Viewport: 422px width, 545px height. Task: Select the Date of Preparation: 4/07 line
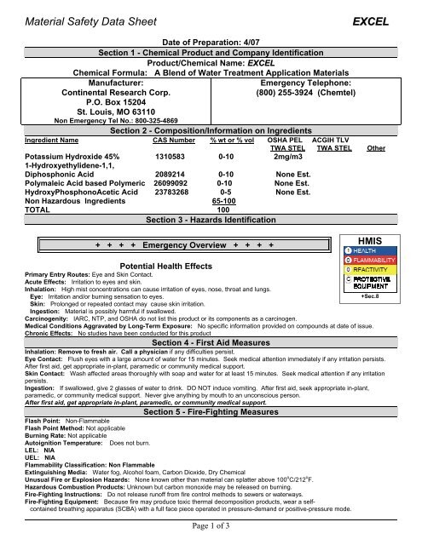210,42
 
